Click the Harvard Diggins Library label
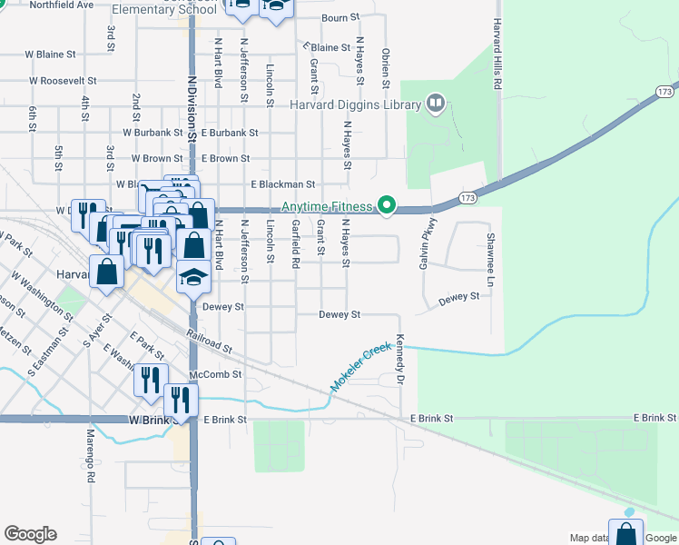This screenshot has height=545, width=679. click(355, 104)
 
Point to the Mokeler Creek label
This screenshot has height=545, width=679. click(360, 367)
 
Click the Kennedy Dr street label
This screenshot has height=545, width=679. click(400, 362)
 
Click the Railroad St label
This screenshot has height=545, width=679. click(211, 342)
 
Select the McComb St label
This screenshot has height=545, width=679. click(215, 374)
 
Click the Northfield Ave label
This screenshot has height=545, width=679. click(62, 5)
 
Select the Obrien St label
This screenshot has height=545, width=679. click(386, 69)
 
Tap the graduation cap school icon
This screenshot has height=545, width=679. click(192, 277)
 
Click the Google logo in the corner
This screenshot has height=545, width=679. click(30, 534)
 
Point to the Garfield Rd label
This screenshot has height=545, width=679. click(295, 243)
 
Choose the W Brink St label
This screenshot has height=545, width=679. click(151, 421)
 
